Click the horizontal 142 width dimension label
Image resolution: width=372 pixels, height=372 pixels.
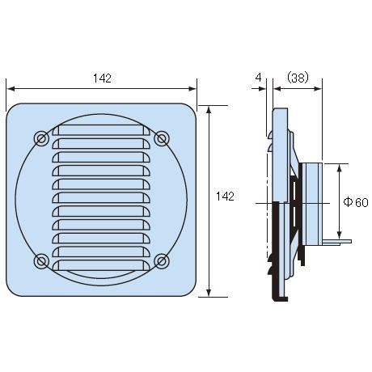[x=102, y=78]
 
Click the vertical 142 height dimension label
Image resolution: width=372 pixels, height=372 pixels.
[x=225, y=197]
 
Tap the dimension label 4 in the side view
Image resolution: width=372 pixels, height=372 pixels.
[x=258, y=78]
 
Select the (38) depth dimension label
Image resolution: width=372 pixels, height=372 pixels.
[x=298, y=78]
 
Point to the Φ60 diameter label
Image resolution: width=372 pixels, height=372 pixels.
[x=356, y=202]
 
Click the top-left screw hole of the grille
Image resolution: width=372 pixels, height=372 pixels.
[x=41, y=139]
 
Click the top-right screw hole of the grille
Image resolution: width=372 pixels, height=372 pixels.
[x=162, y=139]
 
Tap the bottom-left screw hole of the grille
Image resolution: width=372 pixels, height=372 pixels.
[x=41, y=261]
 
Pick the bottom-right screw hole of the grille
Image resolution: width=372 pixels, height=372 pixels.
[x=162, y=261]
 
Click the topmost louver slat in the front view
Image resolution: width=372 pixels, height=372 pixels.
[x=101, y=130]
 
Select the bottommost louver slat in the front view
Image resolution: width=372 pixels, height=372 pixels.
[x=101, y=265]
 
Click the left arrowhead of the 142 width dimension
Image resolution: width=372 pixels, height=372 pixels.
[x=11, y=89]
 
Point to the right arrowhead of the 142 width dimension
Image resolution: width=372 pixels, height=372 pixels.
[x=192, y=89]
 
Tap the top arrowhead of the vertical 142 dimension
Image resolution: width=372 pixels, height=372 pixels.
[x=209, y=110]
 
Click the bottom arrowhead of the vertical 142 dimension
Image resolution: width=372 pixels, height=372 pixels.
[x=209, y=293]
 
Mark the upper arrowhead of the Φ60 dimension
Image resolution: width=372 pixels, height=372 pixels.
[x=340, y=168]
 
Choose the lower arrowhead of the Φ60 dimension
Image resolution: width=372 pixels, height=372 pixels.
[x=340, y=235]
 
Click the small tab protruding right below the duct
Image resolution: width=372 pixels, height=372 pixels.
[x=336, y=242]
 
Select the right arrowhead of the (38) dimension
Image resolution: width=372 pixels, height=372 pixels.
[x=318, y=89]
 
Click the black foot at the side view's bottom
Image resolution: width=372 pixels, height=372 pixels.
[x=280, y=298]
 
